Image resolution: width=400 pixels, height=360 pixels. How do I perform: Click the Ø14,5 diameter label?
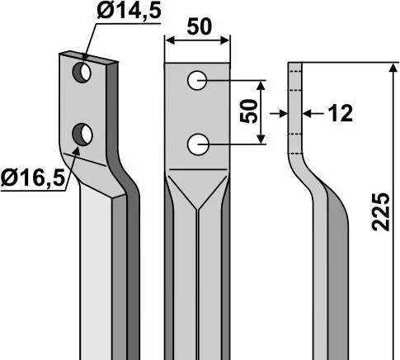[129, 12]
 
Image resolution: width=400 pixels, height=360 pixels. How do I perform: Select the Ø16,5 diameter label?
[33, 178]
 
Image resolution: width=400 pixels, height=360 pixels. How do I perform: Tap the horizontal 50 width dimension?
[200, 26]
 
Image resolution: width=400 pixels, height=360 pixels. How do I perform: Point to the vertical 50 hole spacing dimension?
[249, 111]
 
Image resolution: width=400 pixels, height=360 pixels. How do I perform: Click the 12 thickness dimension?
[341, 113]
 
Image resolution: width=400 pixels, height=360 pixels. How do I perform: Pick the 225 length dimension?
[381, 212]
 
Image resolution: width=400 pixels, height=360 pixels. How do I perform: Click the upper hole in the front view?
[197, 81]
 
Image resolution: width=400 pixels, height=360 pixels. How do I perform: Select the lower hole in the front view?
[197, 144]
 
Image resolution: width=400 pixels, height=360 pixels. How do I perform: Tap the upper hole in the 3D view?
[82, 73]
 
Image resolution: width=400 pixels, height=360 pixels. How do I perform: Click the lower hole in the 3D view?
[82, 135]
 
